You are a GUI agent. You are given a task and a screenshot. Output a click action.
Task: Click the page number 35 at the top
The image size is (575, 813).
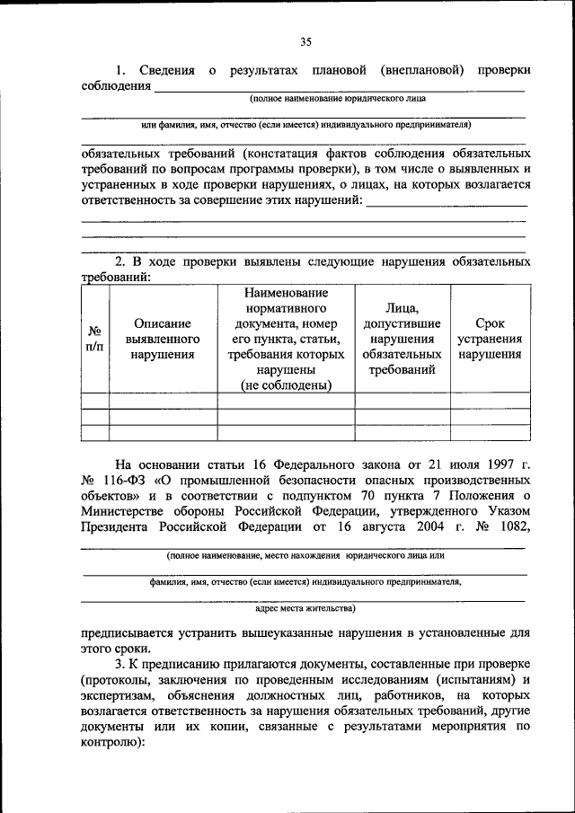305,41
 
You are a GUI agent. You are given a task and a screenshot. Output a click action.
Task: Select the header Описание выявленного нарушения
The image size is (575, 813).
163,339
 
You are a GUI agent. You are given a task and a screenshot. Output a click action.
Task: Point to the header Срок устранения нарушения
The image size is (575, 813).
489,339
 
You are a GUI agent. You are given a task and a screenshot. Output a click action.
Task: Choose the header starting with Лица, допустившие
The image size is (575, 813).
402,339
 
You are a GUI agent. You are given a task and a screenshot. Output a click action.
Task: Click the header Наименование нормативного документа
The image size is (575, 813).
286,339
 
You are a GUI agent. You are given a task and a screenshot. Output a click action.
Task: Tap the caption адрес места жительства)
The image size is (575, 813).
305,608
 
